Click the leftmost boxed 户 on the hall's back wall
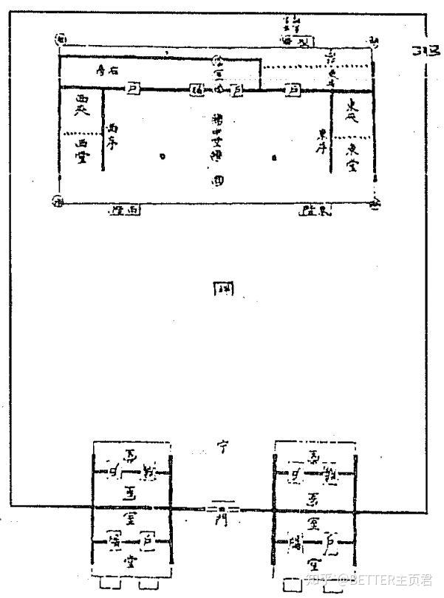tap(134, 88)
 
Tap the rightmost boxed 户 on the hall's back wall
tap(293, 89)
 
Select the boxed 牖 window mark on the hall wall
tap(197, 89)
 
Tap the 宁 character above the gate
tap(221, 446)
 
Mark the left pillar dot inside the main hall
tap(162, 156)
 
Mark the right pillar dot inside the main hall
tap(276, 157)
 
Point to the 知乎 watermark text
tap(315, 580)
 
